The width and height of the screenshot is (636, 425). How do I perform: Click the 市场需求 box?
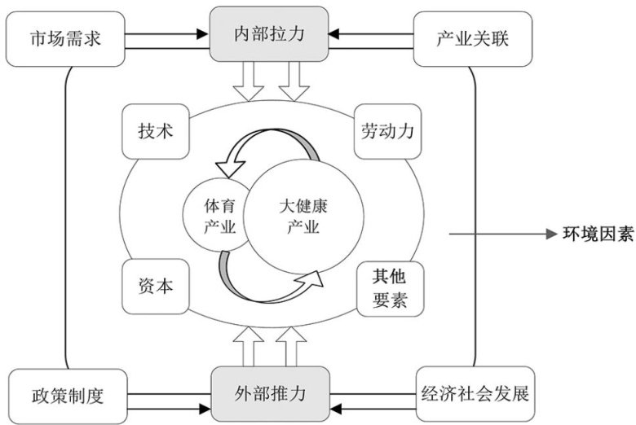(65, 38)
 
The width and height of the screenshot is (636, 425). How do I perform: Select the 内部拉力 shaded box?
(269, 35)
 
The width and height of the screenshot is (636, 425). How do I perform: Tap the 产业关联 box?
(472, 38)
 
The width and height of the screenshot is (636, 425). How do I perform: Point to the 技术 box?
(155, 130)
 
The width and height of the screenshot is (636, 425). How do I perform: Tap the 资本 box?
(155, 286)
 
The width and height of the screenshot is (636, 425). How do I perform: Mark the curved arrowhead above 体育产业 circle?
(234, 167)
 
